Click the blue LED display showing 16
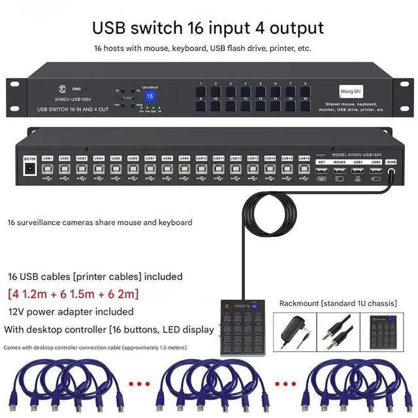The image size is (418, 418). pyautogui.click(x=150, y=96)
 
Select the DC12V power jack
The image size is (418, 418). pyautogui.click(x=29, y=169)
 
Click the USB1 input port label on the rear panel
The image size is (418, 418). pyautogui.click(x=48, y=158)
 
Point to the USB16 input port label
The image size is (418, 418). pyautogui.click(x=304, y=158)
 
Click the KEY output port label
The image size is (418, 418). pyautogui.click(x=321, y=161)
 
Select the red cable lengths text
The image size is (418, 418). pyautogui.click(x=73, y=294)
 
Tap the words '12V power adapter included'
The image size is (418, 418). pyautogui.click(x=71, y=311)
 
